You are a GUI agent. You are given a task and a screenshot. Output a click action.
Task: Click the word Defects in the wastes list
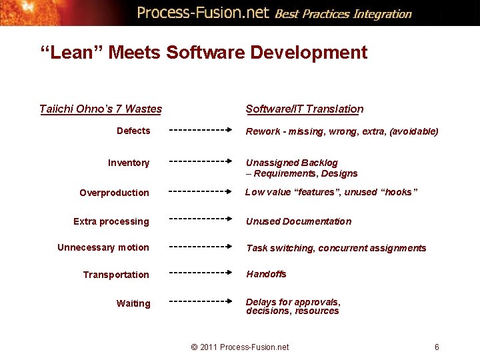pos(133,131)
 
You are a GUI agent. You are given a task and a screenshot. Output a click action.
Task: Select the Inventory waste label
pos(129,163)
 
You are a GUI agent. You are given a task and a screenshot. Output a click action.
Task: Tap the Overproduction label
pos(114,193)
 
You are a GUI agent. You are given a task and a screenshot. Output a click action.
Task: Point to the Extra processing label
pos(111,221)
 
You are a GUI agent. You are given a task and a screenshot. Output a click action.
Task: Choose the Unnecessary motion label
pos(103,247)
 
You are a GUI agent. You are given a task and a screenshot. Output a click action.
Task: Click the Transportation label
pos(116,275)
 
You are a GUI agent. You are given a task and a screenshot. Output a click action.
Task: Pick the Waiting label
pos(133,303)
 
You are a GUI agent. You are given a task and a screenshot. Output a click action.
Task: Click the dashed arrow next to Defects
pos(200,131)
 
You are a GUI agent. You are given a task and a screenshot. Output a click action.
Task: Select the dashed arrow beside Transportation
pos(200,273)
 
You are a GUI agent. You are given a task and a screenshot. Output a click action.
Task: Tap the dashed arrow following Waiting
pos(200,301)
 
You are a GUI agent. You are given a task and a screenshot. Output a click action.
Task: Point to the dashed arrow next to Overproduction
pos(200,191)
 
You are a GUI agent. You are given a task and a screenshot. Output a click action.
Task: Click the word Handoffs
pos(266,274)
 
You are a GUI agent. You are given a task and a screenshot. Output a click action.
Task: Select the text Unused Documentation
pos(299,221)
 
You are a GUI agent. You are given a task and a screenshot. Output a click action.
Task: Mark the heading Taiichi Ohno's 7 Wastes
pos(101,109)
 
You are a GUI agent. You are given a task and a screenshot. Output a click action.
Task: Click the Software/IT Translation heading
pos(305,109)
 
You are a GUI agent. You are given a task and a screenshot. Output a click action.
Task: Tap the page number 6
pos(437,347)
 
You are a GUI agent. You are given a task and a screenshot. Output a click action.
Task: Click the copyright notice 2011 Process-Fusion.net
pos(240,347)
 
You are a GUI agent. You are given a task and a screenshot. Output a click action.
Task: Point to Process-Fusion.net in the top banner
pos(203,13)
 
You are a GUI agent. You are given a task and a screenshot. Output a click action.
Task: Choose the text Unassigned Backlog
pos(292,163)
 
